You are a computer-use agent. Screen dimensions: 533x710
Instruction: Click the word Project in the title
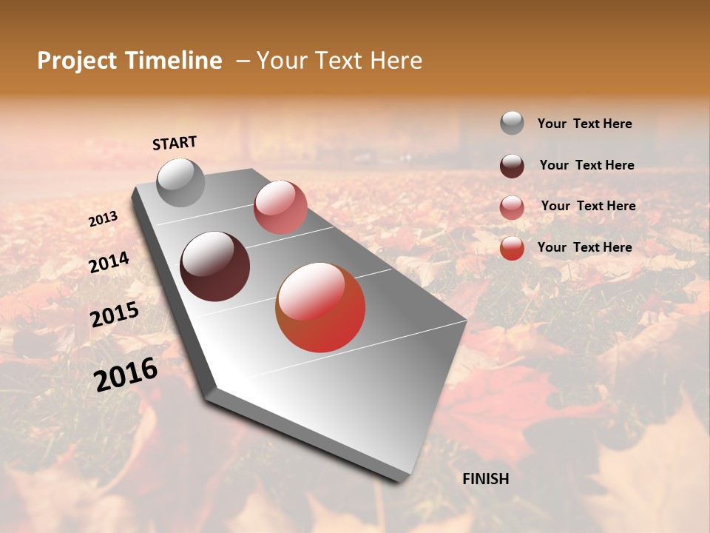point(78,61)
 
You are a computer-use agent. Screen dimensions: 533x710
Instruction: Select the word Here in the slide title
point(395,61)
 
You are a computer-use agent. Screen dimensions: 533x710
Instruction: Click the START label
point(175,143)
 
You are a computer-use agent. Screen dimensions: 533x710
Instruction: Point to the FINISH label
point(486,479)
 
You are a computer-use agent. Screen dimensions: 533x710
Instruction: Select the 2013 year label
point(104,218)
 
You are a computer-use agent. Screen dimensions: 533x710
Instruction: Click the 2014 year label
point(109,263)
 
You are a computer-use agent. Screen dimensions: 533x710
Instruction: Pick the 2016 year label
point(126,374)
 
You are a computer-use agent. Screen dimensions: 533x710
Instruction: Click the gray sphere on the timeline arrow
point(181,182)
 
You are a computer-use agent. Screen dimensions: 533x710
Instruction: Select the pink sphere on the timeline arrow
point(280,207)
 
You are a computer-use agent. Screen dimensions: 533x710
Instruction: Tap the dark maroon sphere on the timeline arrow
point(215,266)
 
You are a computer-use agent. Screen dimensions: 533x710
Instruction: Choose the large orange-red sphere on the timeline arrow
point(320,307)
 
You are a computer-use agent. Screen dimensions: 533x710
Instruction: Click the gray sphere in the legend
point(512,123)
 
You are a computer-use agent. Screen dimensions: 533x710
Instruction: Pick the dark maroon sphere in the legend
point(512,165)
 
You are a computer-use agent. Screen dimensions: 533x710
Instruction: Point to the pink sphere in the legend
point(512,207)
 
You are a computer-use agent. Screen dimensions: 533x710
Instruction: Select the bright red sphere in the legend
point(512,248)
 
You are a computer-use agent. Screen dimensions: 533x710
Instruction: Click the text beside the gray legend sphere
point(585,124)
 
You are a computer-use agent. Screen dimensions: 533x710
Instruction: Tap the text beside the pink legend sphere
point(588,206)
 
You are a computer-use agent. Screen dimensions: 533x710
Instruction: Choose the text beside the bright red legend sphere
point(585,247)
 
